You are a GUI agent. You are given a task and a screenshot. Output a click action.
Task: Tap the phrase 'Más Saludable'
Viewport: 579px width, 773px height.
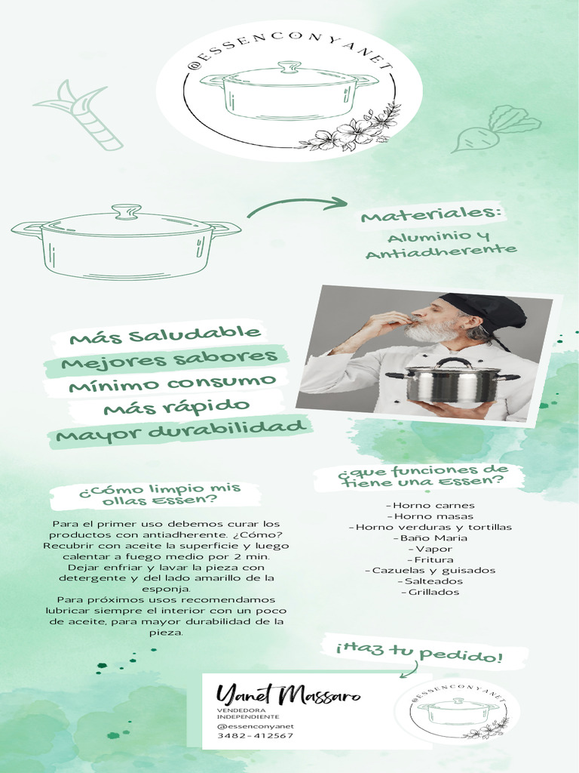click(164, 334)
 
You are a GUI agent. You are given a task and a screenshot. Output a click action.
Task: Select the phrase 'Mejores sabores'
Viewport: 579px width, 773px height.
click(169, 359)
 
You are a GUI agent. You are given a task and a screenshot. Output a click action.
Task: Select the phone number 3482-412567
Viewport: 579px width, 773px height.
click(255, 736)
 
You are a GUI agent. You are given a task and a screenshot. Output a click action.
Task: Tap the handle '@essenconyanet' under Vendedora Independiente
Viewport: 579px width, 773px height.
click(255, 726)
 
